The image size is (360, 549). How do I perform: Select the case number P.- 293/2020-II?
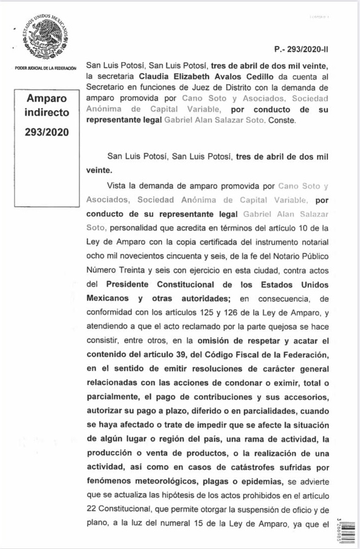coord(301,49)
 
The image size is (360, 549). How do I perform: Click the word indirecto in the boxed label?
coord(47,112)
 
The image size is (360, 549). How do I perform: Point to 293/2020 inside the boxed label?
coord(47,133)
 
